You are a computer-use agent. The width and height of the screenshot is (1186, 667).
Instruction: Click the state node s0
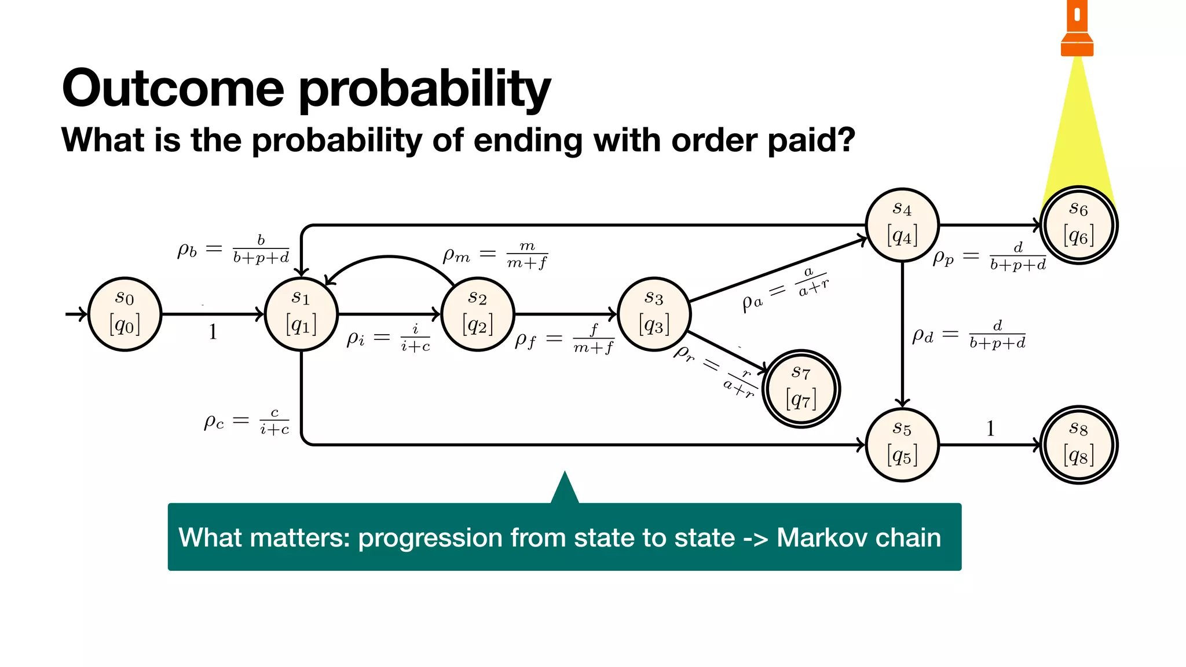click(125, 314)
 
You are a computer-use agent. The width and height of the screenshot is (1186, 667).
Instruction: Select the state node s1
click(301, 314)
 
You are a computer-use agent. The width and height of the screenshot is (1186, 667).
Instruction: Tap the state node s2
click(478, 314)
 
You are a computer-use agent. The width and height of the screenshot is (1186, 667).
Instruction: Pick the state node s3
click(654, 314)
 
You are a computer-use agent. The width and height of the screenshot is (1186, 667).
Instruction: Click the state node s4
click(902, 225)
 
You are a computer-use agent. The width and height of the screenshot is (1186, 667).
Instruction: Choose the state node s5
click(902, 445)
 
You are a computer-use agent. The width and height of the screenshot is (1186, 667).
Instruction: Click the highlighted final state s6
click(1078, 225)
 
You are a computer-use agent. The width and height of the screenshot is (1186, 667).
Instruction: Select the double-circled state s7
click(801, 389)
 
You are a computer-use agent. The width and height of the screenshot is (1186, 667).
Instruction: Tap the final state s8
click(1078, 445)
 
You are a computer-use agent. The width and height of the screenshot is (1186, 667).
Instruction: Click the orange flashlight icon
click(1077, 29)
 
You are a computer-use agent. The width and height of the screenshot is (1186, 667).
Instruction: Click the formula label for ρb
click(233, 250)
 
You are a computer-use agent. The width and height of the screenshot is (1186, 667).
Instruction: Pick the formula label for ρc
click(246, 421)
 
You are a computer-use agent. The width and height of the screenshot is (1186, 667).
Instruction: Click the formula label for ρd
click(968, 335)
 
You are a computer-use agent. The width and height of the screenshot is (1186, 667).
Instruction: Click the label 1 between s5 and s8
click(990, 428)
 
